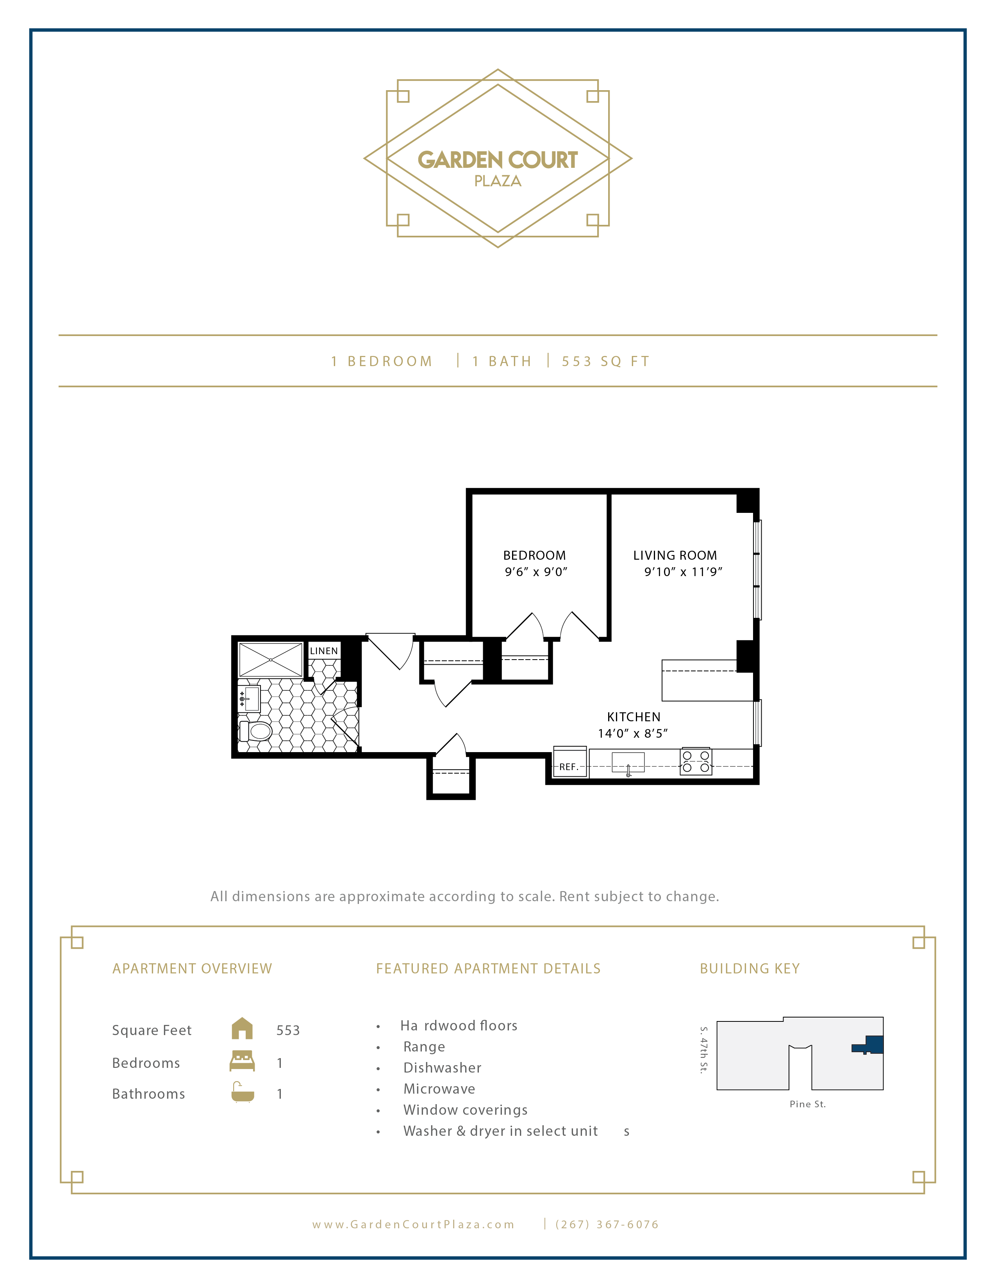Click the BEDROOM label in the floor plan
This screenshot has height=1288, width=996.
pyautogui.click(x=534, y=555)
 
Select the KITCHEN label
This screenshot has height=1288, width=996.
pyautogui.click(x=633, y=717)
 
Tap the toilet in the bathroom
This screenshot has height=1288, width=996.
pyautogui.click(x=255, y=731)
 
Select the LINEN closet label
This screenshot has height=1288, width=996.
pyautogui.click(x=323, y=651)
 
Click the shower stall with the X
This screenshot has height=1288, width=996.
pyautogui.click(x=270, y=659)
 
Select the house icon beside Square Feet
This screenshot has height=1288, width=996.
pyautogui.click(x=242, y=1029)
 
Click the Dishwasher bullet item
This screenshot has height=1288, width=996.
pyautogui.click(x=442, y=1068)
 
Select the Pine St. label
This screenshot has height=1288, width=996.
pyautogui.click(x=807, y=1104)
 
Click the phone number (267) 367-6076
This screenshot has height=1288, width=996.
pyautogui.click(x=607, y=1224)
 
